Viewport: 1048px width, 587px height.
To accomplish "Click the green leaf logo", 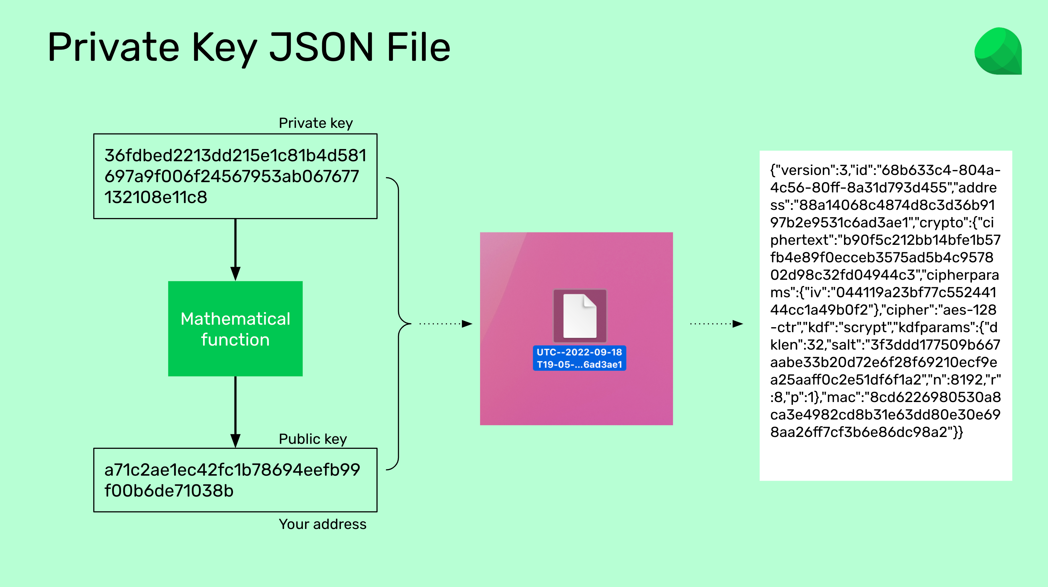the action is pos(998,51).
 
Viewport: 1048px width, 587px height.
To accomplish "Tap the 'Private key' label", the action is pos(316,123).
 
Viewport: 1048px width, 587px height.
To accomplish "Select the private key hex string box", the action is pos(235,176).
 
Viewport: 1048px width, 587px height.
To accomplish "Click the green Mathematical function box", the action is pos(235,329).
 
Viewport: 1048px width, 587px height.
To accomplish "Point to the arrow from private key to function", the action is pos(235,250).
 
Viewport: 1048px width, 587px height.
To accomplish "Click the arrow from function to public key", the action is pos(235,412).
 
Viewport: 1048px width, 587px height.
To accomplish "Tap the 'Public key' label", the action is pos(313,439).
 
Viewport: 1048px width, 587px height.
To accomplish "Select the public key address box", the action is pos(235,480).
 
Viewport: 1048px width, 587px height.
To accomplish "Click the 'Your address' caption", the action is pos(323,524).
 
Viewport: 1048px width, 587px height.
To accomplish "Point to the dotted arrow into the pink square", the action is pos(445,324).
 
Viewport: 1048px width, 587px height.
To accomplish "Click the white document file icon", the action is pos(580,316).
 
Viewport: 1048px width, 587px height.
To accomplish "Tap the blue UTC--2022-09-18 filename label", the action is pos(579,358).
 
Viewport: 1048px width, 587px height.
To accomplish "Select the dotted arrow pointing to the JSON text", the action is pos(716,324).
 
